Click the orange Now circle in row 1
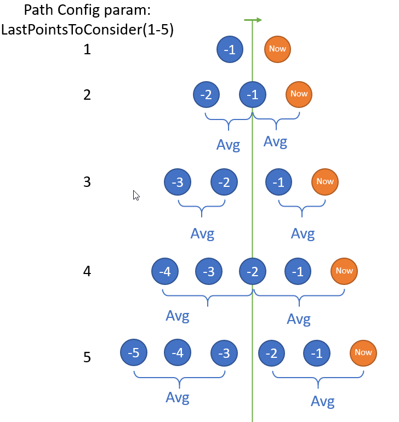pos(277,49)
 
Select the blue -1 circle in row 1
pos(230,50)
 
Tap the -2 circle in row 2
pos(207,95)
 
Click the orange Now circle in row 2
pos(299,94)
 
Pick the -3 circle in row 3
pos(178,183)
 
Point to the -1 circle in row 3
pos(278,183)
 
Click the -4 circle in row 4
pos(164,271)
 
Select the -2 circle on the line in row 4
pos(253,271)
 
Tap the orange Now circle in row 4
pos(344,271)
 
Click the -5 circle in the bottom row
pos(133,353)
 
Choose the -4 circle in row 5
pos(178,353)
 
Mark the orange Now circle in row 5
pos(363,353)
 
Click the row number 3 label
pos(87,182)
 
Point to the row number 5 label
pos(87,358)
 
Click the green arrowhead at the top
pos(258,20)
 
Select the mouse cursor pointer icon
pos(136,195)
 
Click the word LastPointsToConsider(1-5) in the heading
pos(88,30)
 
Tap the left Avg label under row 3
pos(202,233)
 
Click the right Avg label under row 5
pos(323,402)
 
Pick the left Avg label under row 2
pos(228,145)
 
